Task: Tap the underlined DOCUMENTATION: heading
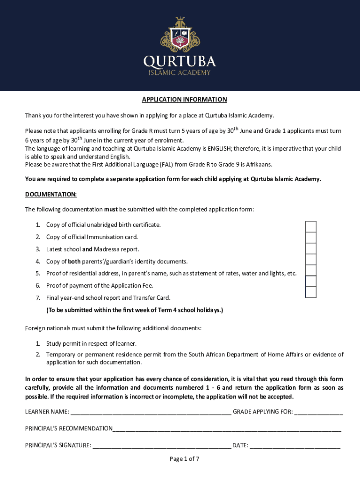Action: click(x=50, y=194)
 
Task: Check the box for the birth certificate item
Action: click(x=310, y=226)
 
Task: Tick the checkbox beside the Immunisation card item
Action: click(x=310, y=238)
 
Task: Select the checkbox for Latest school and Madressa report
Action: click(x=310, y=249)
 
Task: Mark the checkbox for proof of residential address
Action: click(x=310, y=270)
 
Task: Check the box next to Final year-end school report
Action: click(x=310, y=292)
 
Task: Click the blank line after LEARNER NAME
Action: click(x=151, y=412)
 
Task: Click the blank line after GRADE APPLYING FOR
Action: click(x=318, y=412)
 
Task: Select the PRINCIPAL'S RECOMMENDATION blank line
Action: click(x=227, y=429)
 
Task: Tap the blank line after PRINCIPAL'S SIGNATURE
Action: click(x=162, y=446)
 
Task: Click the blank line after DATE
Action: click(x=295, y=446)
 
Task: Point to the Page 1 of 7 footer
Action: click(x=184, y=459)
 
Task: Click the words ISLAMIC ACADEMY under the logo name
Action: click(x=180, y=73)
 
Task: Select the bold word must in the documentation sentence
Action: click(x=111, y=209)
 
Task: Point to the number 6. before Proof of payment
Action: click(x=38, y=285)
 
